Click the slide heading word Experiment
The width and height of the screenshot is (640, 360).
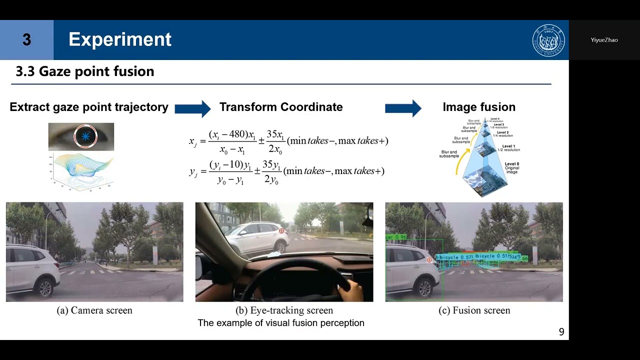click(120, 39)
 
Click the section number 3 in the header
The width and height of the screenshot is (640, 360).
click(26, 40)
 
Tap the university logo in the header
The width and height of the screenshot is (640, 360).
click(548, 40)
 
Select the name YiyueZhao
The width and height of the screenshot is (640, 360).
click(604, 40)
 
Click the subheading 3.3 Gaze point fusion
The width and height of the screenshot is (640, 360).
click(85, 71)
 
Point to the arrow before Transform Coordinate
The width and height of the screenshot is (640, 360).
click(192, 108)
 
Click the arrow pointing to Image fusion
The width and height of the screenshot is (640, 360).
click(403, 108)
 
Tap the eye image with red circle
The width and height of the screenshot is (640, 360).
click(81, 136)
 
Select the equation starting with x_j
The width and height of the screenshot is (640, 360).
click(288, 141)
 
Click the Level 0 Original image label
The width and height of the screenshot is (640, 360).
click(511, 168)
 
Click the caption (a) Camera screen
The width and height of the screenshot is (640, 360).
click(94, 310)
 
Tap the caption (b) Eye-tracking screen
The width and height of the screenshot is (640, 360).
click(284, 310)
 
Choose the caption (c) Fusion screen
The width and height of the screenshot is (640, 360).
click(474, 310)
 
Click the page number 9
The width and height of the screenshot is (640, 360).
click(561, 332)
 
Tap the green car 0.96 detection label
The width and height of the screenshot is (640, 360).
click(395, 237)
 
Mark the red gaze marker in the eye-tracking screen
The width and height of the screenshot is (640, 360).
click(281, 231)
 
